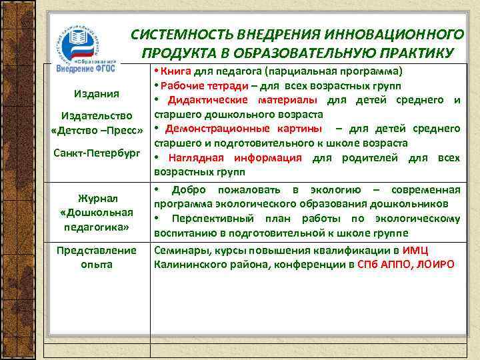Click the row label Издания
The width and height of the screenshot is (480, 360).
pos(97,93)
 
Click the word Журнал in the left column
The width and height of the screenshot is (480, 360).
pos(97,198)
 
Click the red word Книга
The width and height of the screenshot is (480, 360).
pos(175,71)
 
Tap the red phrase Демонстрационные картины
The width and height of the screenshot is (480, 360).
pos(243,129)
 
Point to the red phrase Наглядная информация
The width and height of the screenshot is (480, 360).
pos(234,158)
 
